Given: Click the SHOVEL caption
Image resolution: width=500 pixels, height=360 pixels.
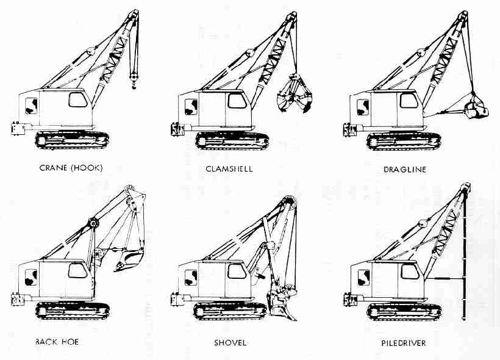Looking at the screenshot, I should (x=229, y=342).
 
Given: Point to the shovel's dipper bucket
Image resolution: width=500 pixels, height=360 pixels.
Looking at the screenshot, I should (x=279, y=302).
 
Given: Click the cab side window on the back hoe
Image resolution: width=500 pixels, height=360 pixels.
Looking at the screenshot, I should (x=77, y=271).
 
